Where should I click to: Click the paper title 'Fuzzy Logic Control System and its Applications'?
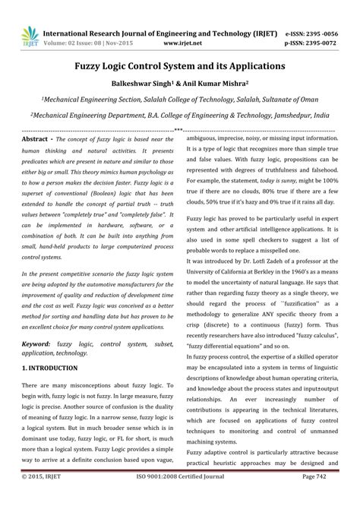[x=179, y=66]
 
